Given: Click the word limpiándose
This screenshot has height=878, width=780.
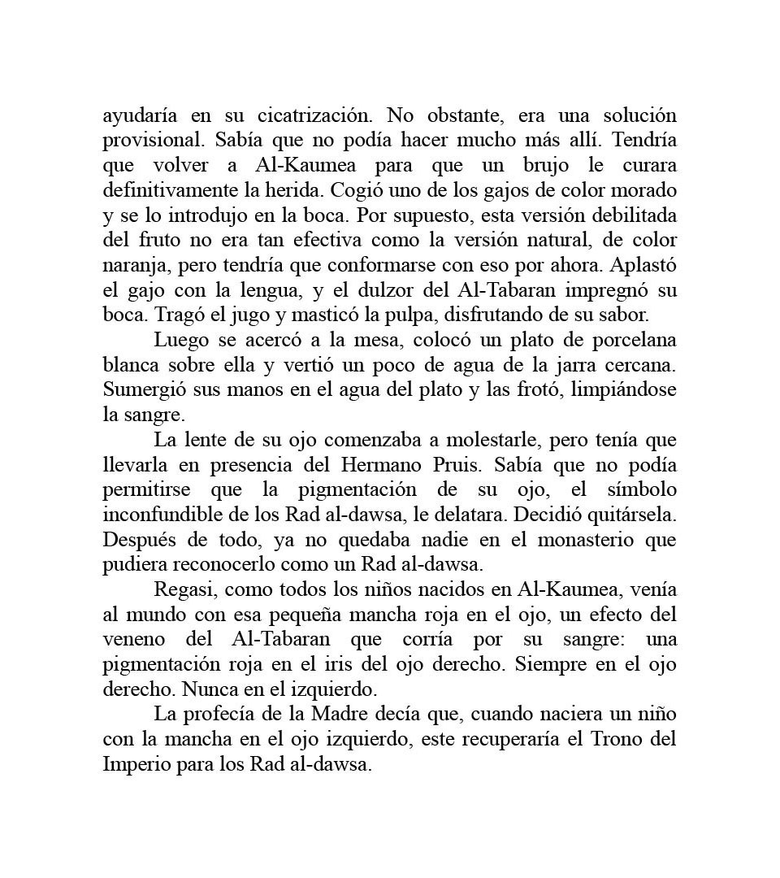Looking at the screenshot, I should click(x=623, y=390).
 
